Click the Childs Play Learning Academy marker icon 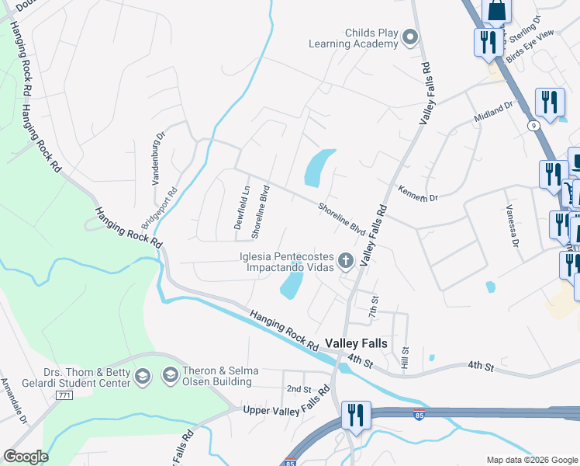point(411,37)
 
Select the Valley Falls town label point(356,343)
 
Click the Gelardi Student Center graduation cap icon point(142,377)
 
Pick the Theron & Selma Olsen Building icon point(169,377)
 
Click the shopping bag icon point(496,10)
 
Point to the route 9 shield point(533,125)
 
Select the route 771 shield point(66,395)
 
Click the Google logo point(26,457)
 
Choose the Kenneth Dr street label point(418,193)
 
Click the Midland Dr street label point(494,114)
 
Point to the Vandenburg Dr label point(158,157)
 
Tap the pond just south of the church point(292,285)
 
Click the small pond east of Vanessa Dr point(490,287)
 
